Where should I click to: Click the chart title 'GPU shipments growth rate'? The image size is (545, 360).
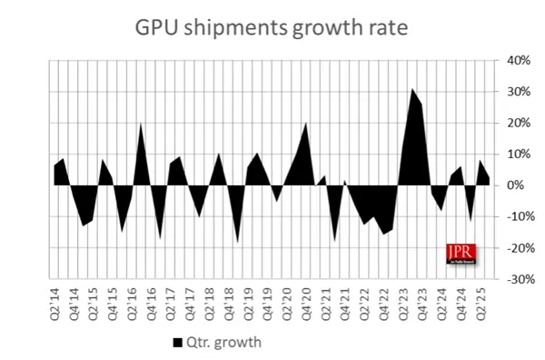pyautogui.click(x=272, y=28)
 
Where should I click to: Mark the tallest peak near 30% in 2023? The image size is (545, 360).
pyautogui.click(x=411, y=90)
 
